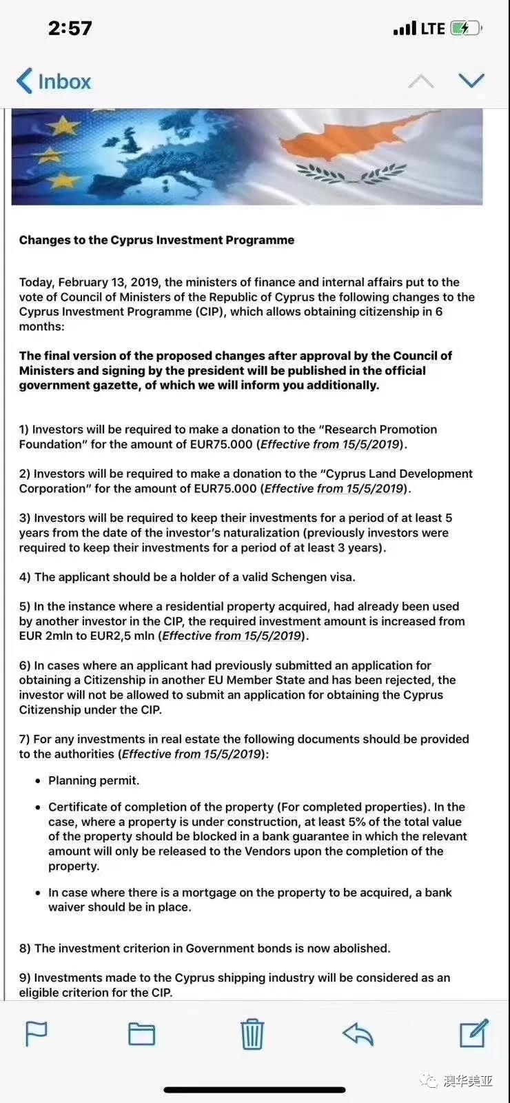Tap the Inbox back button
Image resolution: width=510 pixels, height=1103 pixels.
[54, 81]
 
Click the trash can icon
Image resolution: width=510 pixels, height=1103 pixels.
[252, 1033]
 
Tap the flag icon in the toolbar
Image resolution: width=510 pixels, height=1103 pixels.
[36, 1033]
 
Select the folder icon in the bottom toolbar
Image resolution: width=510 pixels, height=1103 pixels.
[142, 1033]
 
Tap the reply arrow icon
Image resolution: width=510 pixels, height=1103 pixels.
[358, 1033]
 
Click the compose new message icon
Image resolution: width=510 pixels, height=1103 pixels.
[474, 1033]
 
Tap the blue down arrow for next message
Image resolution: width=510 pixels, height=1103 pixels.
[471, 81]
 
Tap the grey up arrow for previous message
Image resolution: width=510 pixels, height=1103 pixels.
[421, 81]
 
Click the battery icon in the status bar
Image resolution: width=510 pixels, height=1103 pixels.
[466, 28]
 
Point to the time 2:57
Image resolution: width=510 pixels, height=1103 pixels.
[70, 28]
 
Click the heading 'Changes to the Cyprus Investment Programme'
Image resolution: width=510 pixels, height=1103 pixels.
[156, 240]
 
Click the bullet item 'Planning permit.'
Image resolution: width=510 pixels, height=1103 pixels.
[94, 780]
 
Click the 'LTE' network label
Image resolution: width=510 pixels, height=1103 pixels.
[433, 28]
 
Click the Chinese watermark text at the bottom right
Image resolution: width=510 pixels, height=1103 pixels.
[468, 1080]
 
